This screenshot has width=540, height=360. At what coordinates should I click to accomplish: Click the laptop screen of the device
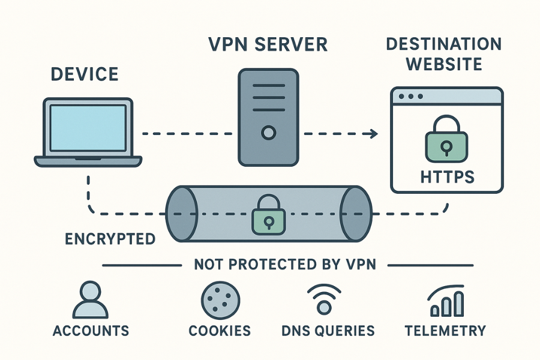[88, 127]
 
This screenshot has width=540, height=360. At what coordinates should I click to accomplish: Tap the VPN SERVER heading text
[268, 45]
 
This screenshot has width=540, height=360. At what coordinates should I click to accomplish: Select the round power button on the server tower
[268, 131]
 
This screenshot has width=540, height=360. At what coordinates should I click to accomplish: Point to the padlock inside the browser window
[446, 142]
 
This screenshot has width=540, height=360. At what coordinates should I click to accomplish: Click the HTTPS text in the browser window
[446, 177]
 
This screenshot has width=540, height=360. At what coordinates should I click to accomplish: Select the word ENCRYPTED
[110, 239]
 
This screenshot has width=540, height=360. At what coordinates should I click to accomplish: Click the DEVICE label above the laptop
[85, 75]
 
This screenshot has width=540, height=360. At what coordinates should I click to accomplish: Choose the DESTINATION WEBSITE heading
[443, 55]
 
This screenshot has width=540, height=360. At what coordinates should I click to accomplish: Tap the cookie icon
[221, 299]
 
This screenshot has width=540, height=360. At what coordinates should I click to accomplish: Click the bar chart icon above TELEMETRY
[446, 301]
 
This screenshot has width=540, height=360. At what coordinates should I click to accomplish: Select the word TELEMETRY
[445, 331]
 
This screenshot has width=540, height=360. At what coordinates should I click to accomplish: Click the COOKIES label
[220, 331]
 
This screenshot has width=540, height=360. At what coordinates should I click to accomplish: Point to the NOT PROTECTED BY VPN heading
[285, 265]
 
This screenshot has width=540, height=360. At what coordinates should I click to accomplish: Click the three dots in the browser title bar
[411, 97]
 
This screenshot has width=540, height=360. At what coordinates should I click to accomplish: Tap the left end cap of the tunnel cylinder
[181, 214]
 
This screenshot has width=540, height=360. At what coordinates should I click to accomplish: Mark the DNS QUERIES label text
[328, 331]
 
